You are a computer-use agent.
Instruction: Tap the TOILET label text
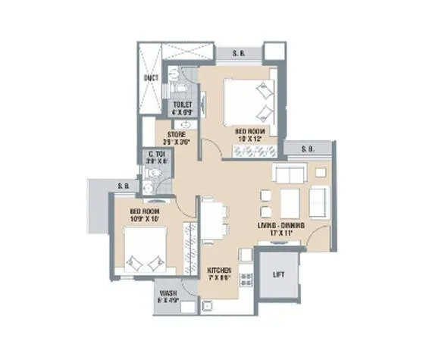[x=183, y=104]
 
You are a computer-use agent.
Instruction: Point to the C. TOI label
[x=157, y=155]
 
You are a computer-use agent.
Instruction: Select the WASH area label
[x=168, y=292]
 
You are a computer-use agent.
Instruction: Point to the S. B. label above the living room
[x=309, y=149]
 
